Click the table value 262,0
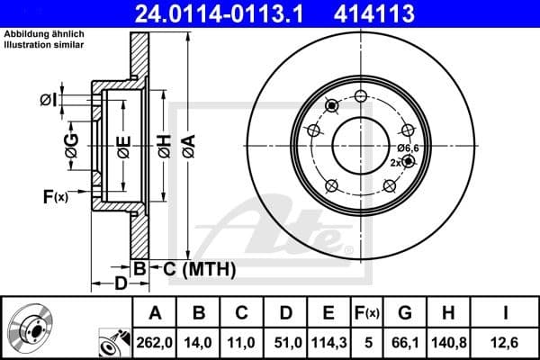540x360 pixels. [155, 341]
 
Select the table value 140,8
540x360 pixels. [447, 341]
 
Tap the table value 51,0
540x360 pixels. [284, 341]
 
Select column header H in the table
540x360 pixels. [447, 313]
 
